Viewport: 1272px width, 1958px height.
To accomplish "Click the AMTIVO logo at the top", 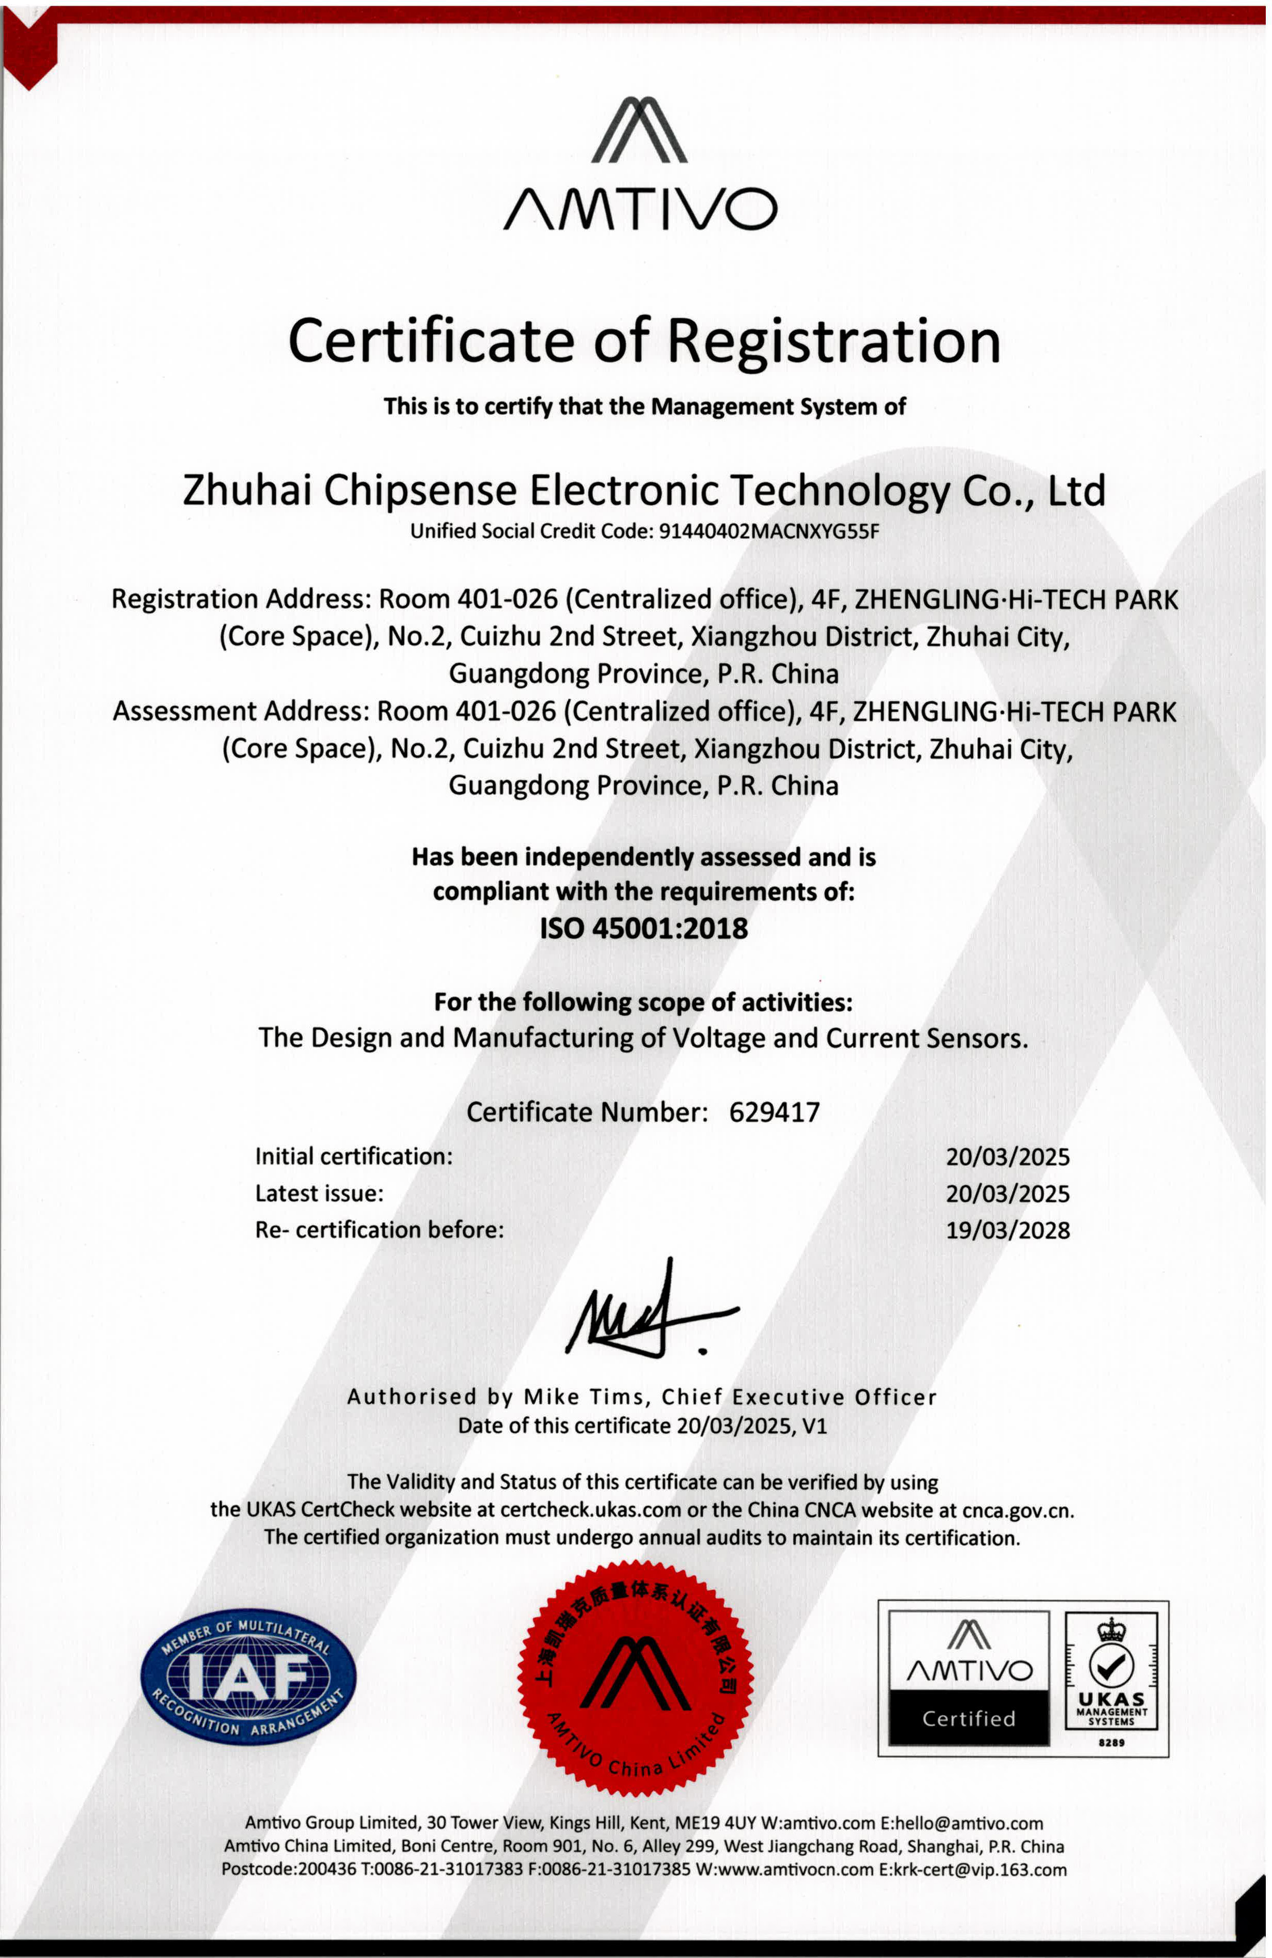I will coord(639,165).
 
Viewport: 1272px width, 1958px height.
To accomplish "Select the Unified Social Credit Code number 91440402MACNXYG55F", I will coord(770,531).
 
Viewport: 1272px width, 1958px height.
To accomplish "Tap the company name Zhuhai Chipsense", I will coord(350,491).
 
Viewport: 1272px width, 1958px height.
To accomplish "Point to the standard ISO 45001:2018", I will coord(643,928).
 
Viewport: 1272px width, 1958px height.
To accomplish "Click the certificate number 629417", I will coord(774,1113).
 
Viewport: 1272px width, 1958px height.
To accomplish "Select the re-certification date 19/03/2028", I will coord(1007,1231).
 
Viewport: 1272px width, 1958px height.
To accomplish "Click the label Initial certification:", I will coord(354,1157).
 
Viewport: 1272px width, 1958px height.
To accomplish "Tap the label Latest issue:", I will coord(319,1194).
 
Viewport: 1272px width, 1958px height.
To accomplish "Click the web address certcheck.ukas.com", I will coord(590,1510).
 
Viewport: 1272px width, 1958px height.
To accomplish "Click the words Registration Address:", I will coord(241,599).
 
